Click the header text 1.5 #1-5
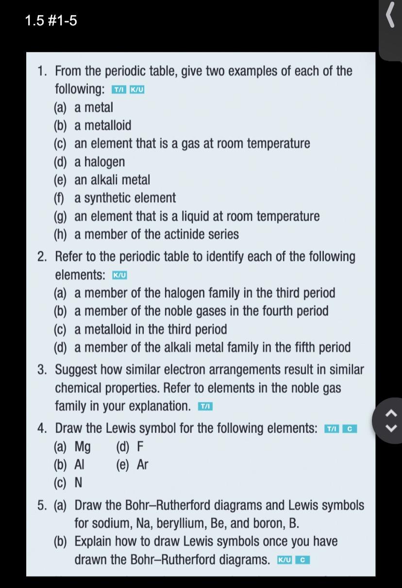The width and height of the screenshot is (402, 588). coord(51,21)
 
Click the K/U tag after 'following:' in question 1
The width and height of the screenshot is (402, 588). coord(137,90)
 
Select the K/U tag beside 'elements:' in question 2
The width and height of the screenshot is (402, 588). coord(119,276)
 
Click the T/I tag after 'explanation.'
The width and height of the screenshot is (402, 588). coord(205,406)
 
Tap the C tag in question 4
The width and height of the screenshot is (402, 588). coord(350,429)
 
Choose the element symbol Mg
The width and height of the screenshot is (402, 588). coord(83,447)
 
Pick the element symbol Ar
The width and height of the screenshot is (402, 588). coord(142,465)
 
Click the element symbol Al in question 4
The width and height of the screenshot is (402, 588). coord(80,465)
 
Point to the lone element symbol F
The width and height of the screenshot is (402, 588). coord(140,447)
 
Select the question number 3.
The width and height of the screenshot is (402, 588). coord(43,370)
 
